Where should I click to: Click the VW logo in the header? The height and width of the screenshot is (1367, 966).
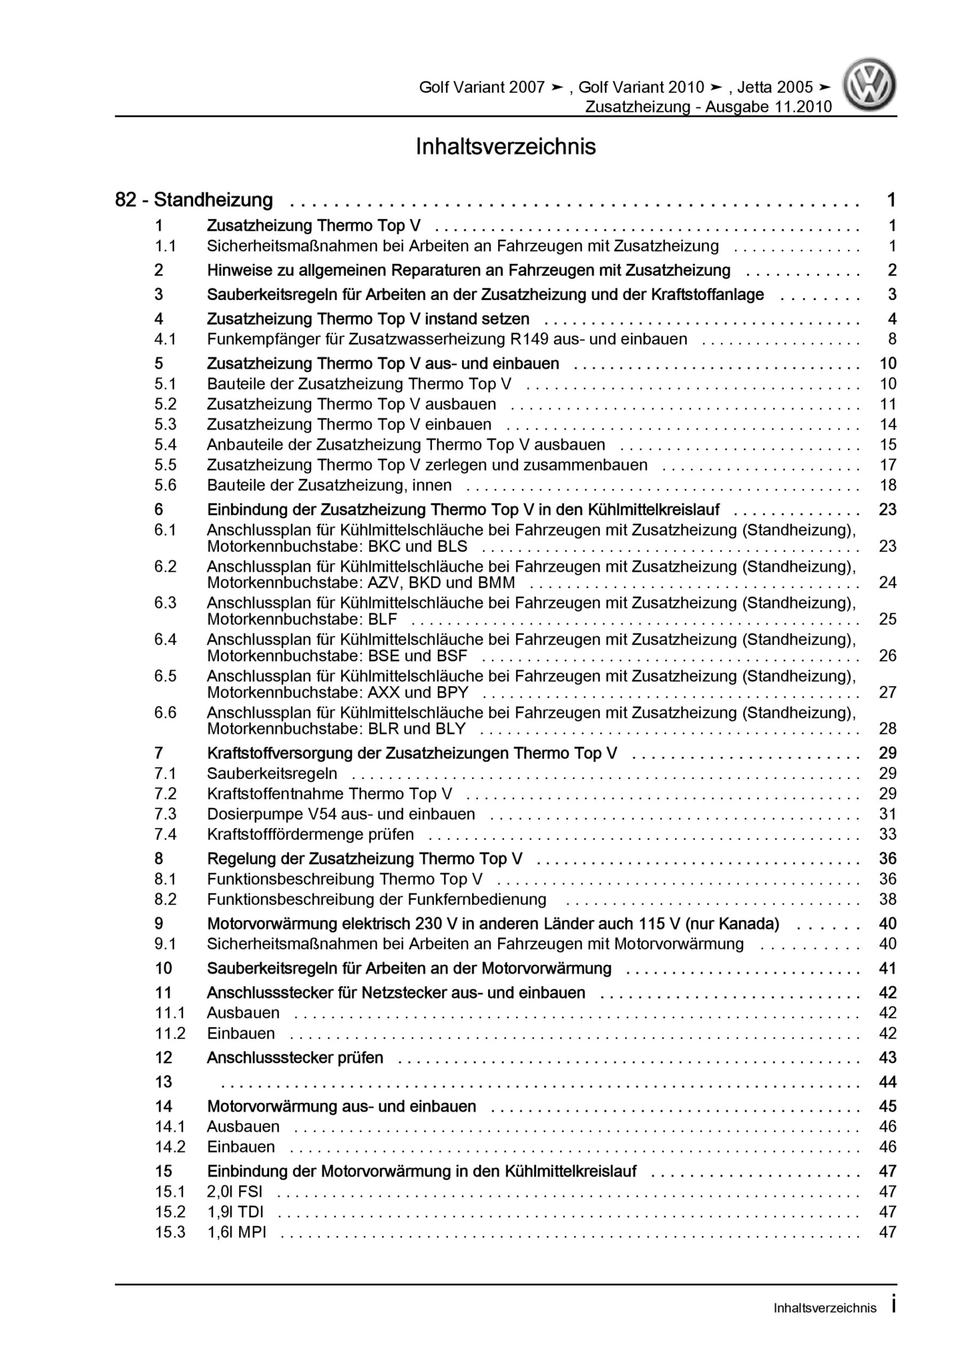pyautogui.click(x=869, y=84)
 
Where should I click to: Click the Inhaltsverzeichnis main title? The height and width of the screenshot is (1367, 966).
pyautogui.click(x=506, y=146)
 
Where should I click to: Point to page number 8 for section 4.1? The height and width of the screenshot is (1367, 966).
pyautogui.click(x=892, y=340)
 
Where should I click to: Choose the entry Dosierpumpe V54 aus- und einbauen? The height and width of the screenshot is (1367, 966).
pyautogui.click(x=341, y=814)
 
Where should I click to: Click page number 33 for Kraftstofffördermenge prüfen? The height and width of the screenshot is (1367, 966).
pyautogui.click(x=888, y=834)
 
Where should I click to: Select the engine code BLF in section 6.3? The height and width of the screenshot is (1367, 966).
pyautogui.click(x=382, y=619)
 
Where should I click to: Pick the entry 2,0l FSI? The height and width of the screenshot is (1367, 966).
pyautogui.click(x=234, y=1191)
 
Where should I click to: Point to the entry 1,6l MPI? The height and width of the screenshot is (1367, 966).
pyautogui.click(x=237, y=1232)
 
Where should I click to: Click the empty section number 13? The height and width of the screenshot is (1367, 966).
pyautogui.click(x=163, y=1082)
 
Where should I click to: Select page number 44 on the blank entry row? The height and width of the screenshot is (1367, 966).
pyautogui.click(x=888, y=1082)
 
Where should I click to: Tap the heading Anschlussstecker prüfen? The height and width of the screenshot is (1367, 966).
pyautogui.click(x=295, y=1057)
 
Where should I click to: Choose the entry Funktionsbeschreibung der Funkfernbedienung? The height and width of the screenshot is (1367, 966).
pyautogui.click(x=376, y=899)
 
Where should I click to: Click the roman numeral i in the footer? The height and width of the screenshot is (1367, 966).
pyautogui.click(x=893, y=1305)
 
